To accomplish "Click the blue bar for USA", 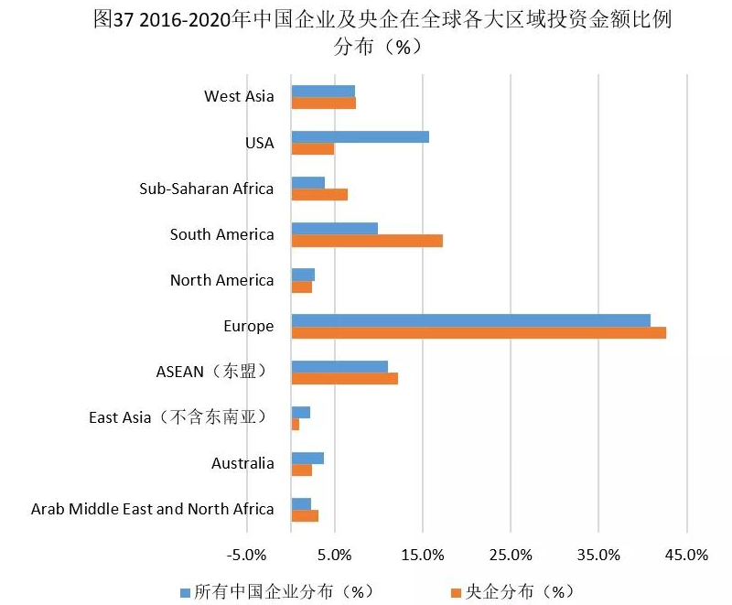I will [360, 137].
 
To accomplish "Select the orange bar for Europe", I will [479, 332].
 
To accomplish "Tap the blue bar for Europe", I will [470, 319].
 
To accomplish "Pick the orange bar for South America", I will [367, 241].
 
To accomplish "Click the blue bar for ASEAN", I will [339, 366].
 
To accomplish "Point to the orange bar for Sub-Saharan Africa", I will [319, 194].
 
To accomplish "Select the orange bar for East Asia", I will [296, 425].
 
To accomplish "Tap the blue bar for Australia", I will [307, 458].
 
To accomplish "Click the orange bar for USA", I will [313, 149].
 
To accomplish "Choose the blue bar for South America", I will [334, 228].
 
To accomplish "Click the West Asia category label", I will [239, 96].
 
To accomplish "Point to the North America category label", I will [221, 280].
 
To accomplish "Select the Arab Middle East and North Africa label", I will [152, 509].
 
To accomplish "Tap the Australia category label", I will [242, 463].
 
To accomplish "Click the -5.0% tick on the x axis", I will [247, 555].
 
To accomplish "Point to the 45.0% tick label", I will [686, 555].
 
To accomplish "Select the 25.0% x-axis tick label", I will [511, 555].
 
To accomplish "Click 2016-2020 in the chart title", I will [186, 20].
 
